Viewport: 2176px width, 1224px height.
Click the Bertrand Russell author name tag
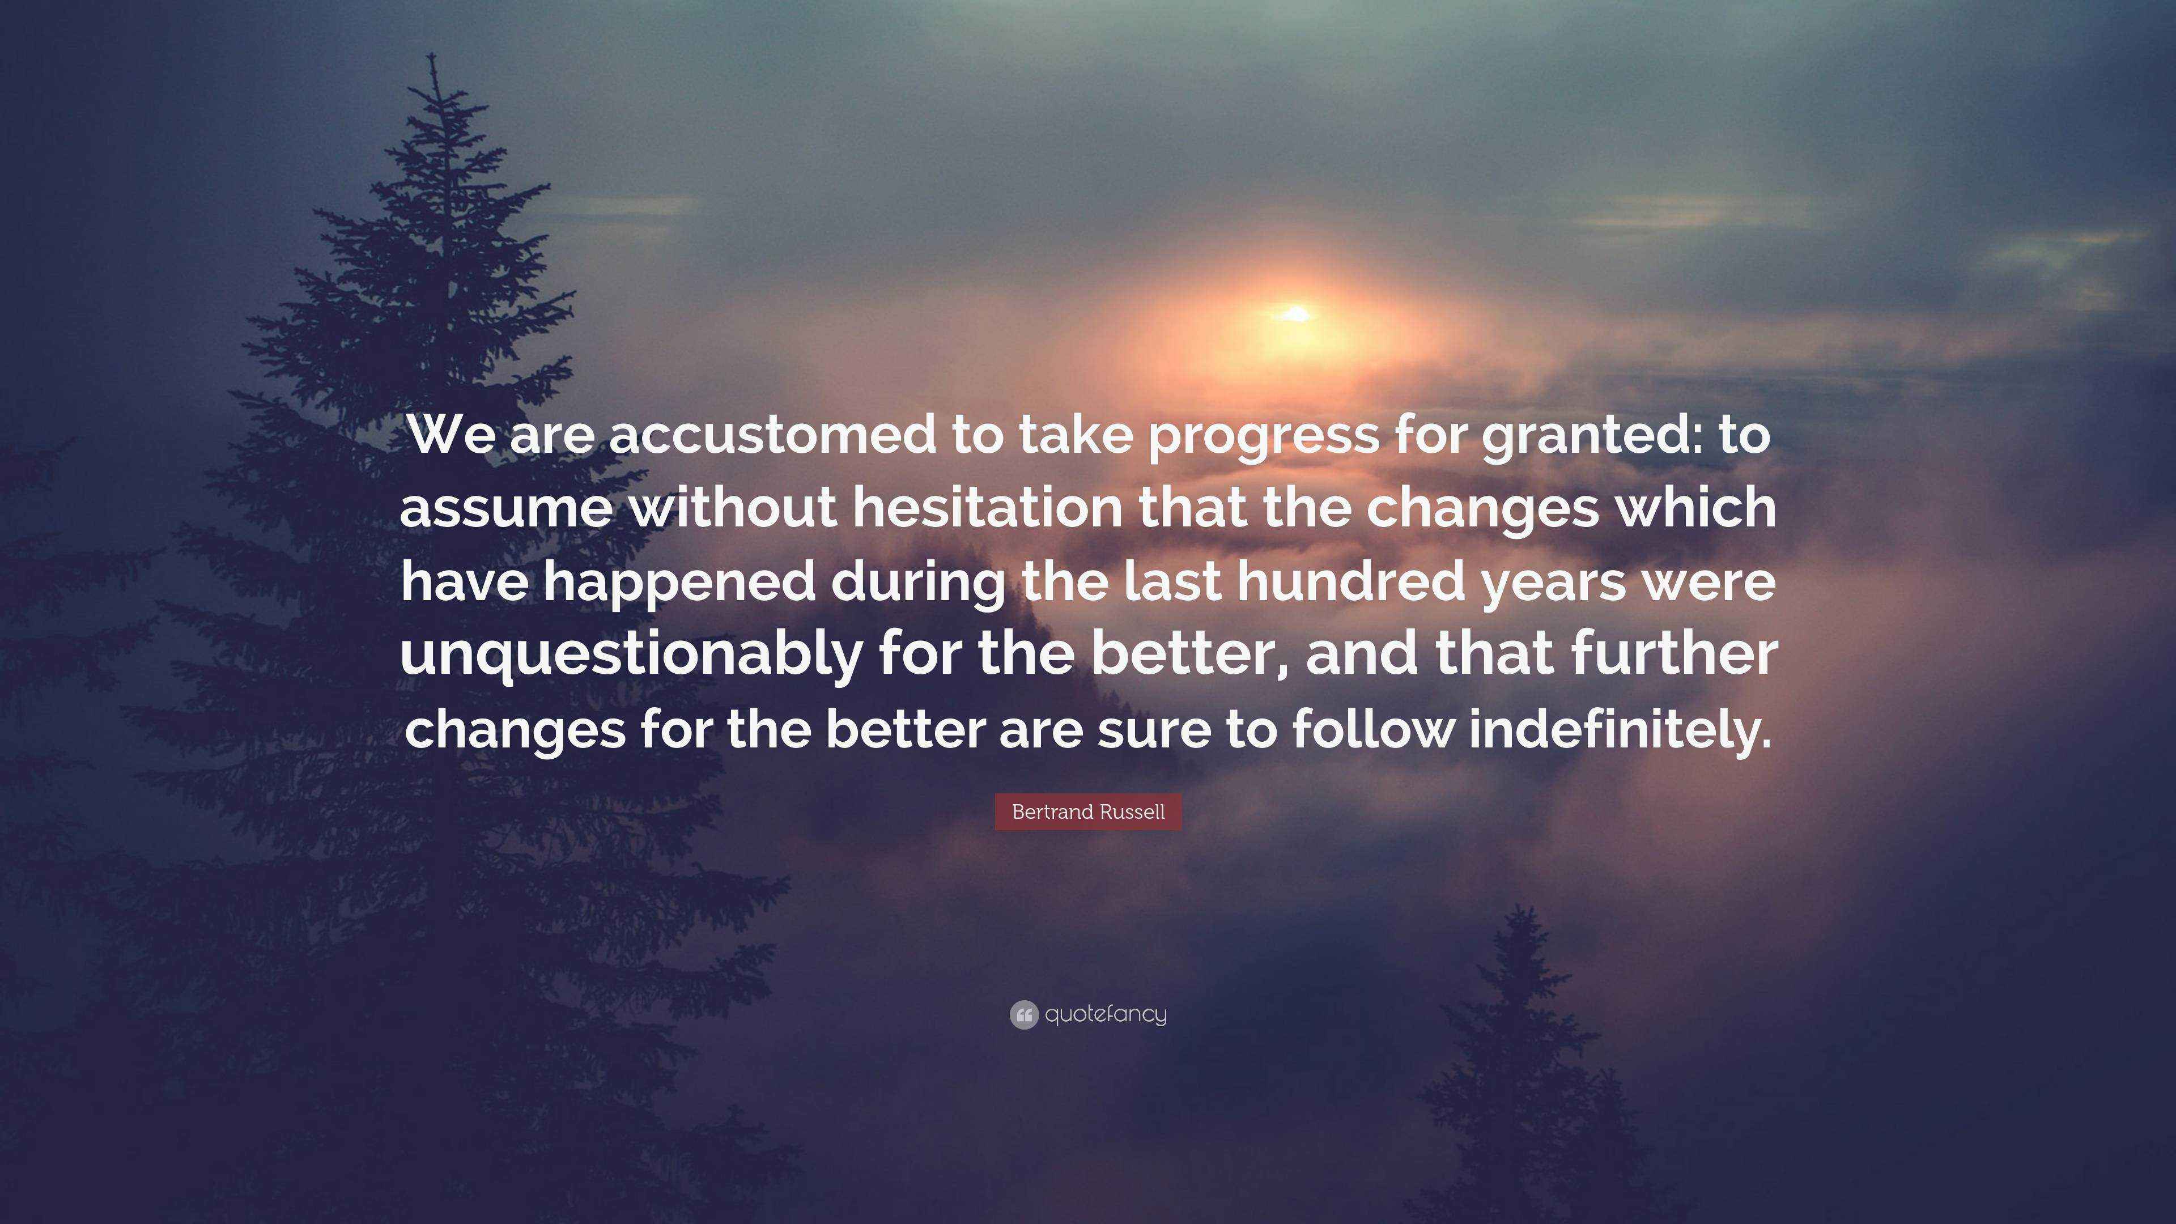coord(1088,812)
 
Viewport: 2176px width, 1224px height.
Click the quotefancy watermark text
coord(1106,1014)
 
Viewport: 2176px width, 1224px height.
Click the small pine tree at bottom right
coord(1512,1073)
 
